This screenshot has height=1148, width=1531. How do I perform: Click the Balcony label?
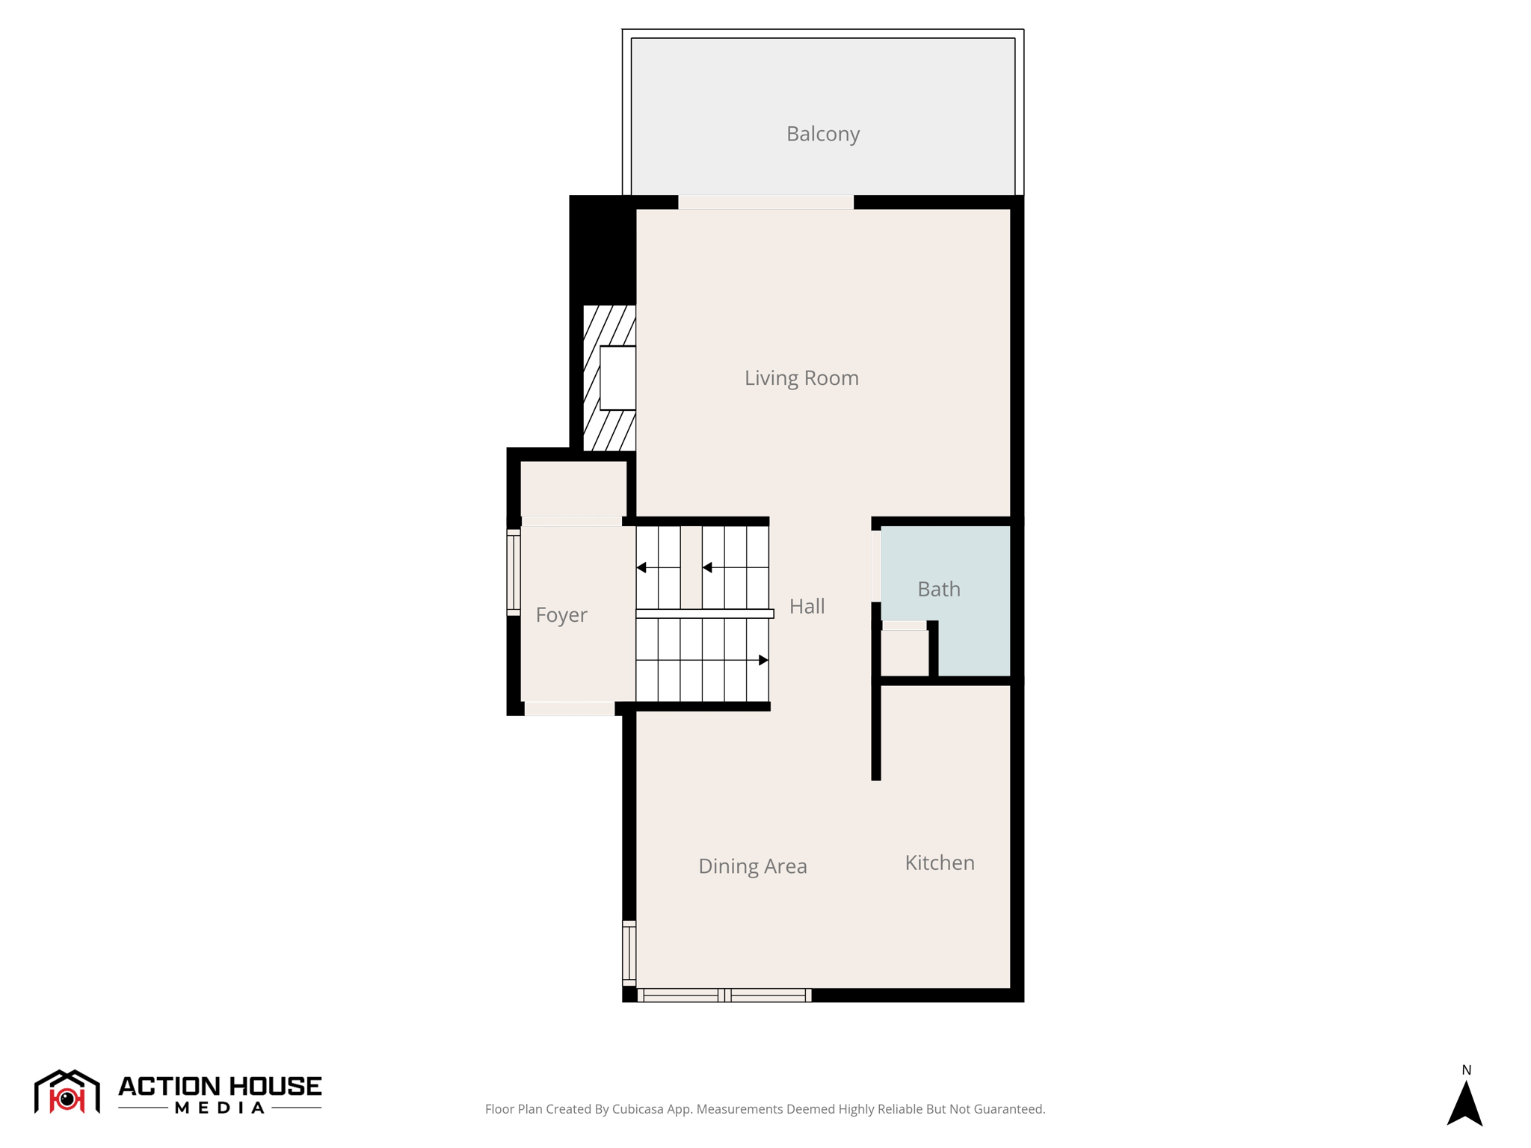(822, 134)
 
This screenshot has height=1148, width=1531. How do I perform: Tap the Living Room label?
(801, 378)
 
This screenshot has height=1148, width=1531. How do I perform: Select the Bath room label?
(938, 589)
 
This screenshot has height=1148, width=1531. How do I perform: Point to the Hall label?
(807, 606)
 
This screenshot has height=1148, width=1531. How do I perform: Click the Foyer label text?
(561, 615)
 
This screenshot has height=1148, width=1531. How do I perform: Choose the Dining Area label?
(752, 866)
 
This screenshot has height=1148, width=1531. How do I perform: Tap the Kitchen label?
(939, 862)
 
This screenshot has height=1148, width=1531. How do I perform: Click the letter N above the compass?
(1466, 1070)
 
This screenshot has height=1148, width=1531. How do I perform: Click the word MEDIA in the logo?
(220, 1108)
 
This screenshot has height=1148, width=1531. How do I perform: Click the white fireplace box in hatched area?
(617, 377)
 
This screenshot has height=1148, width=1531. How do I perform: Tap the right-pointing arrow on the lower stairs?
(763, 660)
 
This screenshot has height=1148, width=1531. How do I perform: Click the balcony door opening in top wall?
(765, 203)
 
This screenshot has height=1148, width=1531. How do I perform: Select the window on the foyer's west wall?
(514, 573)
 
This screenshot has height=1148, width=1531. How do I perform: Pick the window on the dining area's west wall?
(629, 953)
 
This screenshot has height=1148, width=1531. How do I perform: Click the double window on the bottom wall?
(724, 995)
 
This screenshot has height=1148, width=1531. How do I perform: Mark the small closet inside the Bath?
(904, 652)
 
